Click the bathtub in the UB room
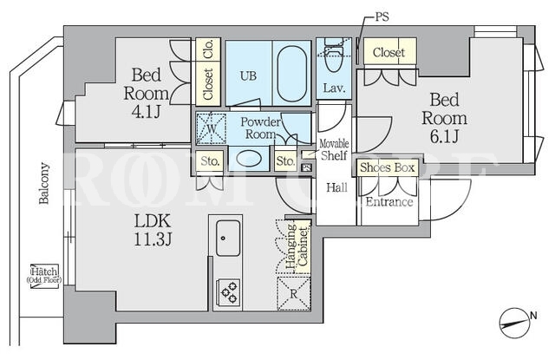point(291,74)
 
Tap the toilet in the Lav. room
point(333,55)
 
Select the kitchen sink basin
point(227,238)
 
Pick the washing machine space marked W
point(212,128)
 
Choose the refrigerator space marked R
point(294,293)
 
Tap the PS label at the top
point(381,16)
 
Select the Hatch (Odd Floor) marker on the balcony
point(44,276)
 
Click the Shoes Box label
point(387,167)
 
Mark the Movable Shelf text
point(333,150)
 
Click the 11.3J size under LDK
point(153,239)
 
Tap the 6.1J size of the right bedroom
point(445,136)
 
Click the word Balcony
point(44,183)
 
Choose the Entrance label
point(389,202)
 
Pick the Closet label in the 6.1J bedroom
point(388,53)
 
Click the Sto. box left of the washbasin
point(210,161)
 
